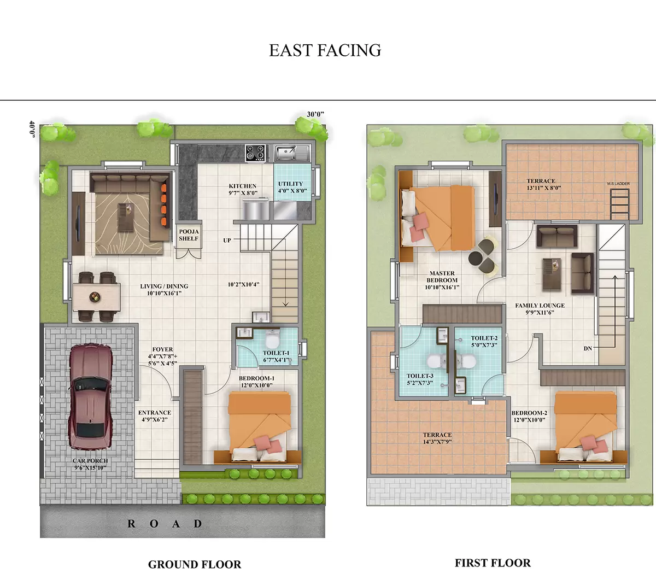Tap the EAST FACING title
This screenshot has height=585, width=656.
pyautogui.click(x=325, y=50)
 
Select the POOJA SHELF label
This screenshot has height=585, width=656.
pyautogui.click(x=189, y=235)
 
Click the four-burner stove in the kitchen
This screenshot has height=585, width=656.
pyautogui.click(x=255, y=153)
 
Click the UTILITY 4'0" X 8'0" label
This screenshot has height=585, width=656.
pyautogui.click(x=291, y=188)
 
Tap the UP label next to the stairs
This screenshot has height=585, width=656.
pyautogui.click(x=227, y=241)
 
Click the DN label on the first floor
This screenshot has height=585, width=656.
pyautogui.click(x=588, y=348)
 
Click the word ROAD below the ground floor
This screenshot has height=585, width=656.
pyautogui.click(x=165, y=524)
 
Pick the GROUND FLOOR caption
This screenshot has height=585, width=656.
pyautogui.click(x=195, y=565)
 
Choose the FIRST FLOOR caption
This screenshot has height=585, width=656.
pyautogui.click(x=493, y=563)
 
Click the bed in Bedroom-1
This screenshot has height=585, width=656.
pyautogui.click(x=260, y=426)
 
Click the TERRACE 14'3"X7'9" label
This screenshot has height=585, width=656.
pyautogui.click(x=437, y=438)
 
